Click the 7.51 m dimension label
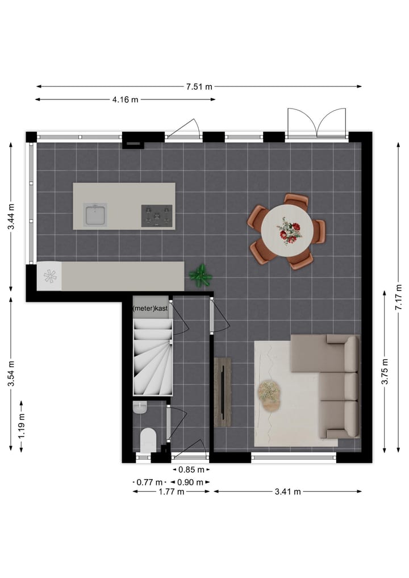199,87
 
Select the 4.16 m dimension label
125,100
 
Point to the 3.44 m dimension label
11,217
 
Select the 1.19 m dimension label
22,423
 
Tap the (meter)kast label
151,308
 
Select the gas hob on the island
157,216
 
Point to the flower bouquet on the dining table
289,232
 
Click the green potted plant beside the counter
201,276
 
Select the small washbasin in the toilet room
140,407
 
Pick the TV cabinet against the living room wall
223,392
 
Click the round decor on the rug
269,392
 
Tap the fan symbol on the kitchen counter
50,276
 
